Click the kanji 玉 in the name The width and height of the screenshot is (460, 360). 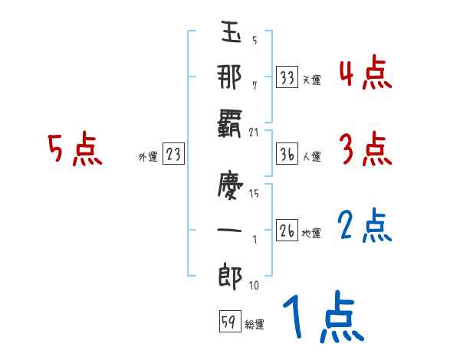coord(231,31)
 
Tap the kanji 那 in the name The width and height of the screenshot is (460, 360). coord(229,77)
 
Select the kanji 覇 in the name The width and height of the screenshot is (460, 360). coord(229,123)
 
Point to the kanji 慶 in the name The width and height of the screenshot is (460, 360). coord(230,185)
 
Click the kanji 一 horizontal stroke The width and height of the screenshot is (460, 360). coord(229,230)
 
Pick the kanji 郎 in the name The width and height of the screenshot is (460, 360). coord(230,277)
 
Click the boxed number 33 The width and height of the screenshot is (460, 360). coord(287,77)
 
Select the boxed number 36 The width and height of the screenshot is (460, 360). coord(287,153)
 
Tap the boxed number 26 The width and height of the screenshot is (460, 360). coord(287,230)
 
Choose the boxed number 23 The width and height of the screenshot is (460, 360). coord(173,153)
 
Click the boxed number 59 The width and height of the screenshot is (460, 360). coord(230,321)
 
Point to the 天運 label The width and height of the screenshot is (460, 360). coord(312,80)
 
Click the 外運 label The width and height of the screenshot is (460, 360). coord(148,156)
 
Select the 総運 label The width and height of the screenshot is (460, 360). coord(255,324)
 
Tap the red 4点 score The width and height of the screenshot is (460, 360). coord(366,74)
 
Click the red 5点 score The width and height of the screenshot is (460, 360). coord(75,148)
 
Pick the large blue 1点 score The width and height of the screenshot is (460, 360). coord(324,316)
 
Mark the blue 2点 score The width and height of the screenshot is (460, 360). coord(365,225)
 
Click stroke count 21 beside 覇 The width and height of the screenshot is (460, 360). coord(254,133)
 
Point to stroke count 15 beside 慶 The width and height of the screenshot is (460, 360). coord(254,193)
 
